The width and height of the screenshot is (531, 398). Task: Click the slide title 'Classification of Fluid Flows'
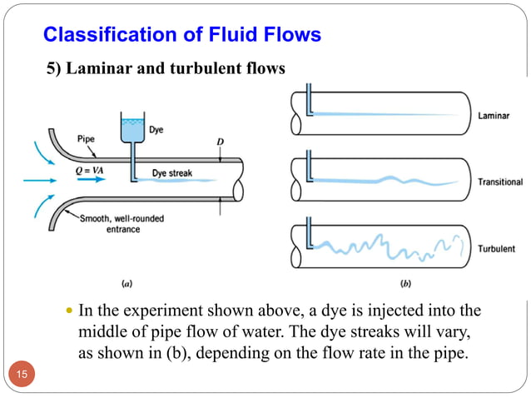click(181, 35)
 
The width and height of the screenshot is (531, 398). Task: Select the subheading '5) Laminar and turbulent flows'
click(165, 68)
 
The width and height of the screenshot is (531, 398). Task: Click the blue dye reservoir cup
click(132, 129)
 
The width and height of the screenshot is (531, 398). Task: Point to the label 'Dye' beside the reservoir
click(156, 130)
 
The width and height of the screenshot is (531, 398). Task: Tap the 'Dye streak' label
click(172, 173)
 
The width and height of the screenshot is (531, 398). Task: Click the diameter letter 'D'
click(221, 142)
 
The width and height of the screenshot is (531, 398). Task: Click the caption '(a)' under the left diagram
click(127, 283)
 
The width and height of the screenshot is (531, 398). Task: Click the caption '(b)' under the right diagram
click(405, 283)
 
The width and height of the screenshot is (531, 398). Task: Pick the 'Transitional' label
click(500, 182)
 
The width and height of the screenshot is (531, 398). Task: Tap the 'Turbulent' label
click(497, 248)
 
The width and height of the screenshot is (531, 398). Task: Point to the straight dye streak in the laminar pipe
click(375, 115)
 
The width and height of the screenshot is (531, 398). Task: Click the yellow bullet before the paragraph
click(69, 312)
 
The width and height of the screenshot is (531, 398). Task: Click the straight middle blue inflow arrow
click(33, 178)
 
